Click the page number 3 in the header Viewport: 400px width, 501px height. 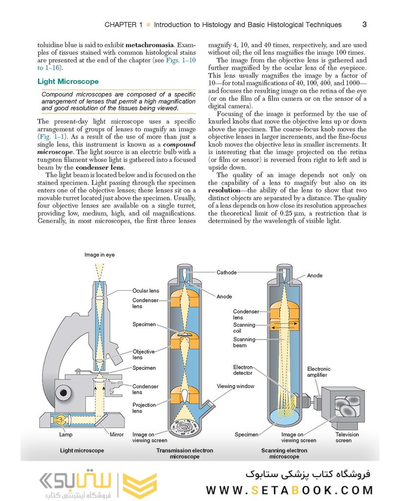[364, 24]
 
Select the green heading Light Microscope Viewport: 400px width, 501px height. [68, 82]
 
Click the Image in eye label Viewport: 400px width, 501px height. [100, 255]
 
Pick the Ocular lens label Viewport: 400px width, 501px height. [146, 291]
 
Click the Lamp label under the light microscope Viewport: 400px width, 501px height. [65, 434]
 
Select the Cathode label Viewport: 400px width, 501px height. [227, 273]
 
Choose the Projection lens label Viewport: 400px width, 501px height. [144, 408]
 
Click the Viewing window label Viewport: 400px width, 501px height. [235, 386]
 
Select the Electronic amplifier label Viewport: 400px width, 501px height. [318, 372]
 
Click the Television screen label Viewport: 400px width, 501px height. [347, 437]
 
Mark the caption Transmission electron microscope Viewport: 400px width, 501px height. [184, 454]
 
